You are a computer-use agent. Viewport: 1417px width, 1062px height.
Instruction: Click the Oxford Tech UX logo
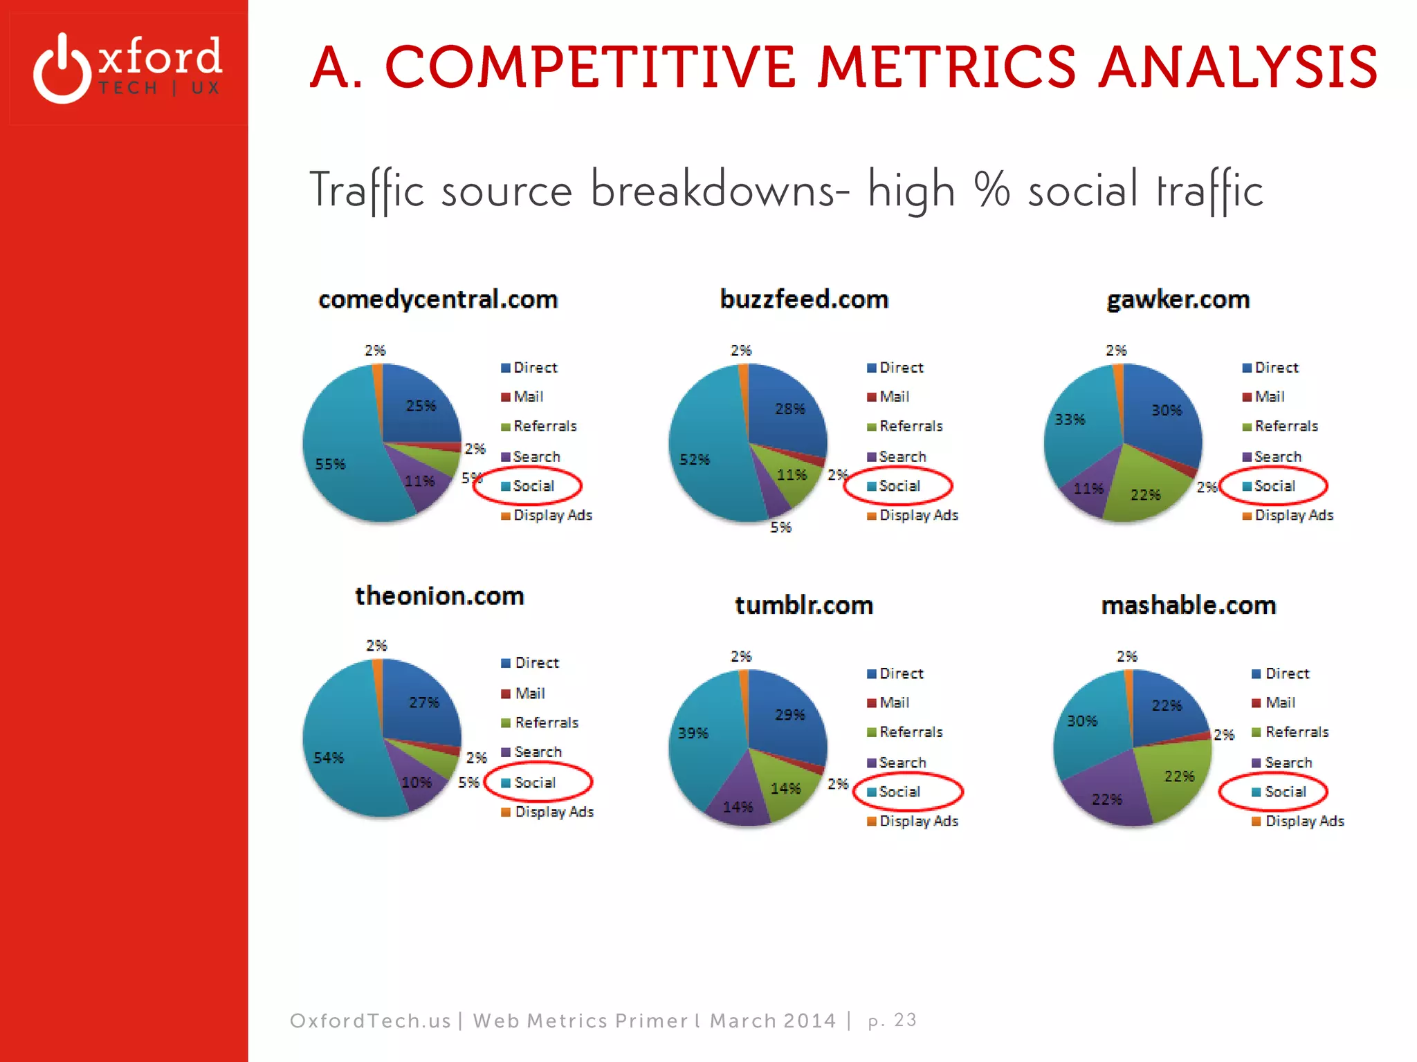tap(128, 68)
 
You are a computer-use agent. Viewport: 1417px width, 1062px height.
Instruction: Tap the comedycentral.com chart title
tap(438, 299)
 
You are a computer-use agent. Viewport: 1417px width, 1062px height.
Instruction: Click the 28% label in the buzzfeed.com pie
tap(789, 409)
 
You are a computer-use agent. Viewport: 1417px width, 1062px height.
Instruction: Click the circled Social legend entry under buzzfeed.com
tap(899, 486)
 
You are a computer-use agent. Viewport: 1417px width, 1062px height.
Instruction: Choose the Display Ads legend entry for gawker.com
tap(1293, 516)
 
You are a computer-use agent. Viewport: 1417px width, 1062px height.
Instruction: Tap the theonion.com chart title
tap(439, 596)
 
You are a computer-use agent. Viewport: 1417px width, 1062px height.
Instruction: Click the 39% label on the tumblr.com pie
tap(693, 733)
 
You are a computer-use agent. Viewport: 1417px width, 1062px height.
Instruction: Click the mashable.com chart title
tap(1188, 606)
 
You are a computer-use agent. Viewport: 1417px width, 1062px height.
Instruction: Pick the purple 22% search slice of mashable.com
tap(1107, 795)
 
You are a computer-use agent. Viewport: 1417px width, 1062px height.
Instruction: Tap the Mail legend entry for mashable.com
tap(1279, 702)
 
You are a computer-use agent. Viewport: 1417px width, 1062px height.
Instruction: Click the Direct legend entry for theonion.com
tap(536, 663)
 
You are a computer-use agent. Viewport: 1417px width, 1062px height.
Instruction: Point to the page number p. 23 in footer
tap(892, 1021)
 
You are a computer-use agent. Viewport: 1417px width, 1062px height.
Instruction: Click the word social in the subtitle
tap(1082, 190)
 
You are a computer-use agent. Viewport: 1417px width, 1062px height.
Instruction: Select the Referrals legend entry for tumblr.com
tap(910, 732)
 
